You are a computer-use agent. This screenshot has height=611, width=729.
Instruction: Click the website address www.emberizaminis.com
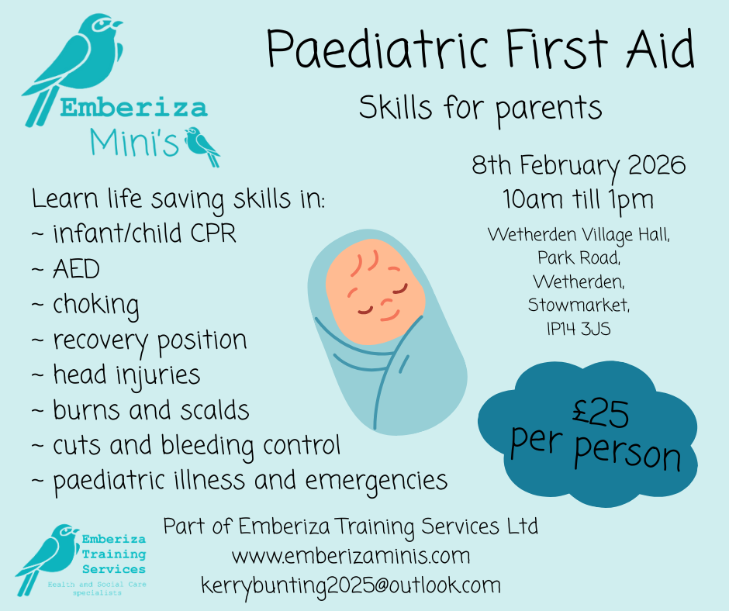351,556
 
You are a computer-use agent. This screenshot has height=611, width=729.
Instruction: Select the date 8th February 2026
579,166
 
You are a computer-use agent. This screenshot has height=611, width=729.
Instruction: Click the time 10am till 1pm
579,199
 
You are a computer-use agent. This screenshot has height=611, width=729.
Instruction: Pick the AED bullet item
77,269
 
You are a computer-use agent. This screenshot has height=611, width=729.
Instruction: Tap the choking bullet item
96,305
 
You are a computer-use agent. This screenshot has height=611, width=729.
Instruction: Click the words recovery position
150,340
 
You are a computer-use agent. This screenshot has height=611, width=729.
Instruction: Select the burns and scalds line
151,410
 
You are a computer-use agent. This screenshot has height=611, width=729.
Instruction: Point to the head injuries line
126,375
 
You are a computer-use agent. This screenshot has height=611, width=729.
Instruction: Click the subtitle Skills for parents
480,108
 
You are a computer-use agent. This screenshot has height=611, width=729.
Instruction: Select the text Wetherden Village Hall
579,234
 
